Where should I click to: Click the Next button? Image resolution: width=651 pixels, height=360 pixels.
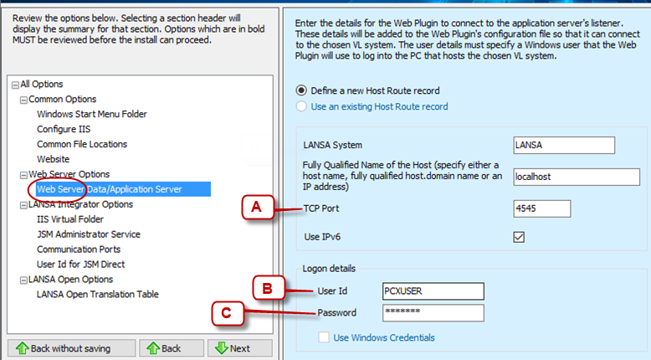coord(239,348)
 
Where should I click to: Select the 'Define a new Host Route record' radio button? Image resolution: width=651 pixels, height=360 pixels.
coord(301,90)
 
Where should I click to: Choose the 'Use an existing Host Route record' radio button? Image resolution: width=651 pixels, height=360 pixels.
coord(301,106)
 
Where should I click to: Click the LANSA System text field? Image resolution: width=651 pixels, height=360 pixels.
coord(564,146)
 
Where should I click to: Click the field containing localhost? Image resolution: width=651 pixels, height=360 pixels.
coord(577,177)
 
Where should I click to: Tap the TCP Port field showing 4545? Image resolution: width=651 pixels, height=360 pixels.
coord(542,208)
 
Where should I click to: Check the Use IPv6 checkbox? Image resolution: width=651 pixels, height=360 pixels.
coord(519,237)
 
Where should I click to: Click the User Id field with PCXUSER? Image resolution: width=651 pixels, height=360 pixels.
coord(433,291)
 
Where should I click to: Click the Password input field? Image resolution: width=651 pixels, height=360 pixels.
coord(433,312)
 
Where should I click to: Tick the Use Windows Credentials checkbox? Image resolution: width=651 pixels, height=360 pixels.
coord(324,337)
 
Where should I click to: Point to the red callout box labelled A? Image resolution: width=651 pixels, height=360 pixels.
coord(258,207)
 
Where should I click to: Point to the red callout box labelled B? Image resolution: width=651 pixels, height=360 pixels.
coord(269,288)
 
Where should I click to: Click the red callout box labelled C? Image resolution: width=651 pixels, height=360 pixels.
coord(227,313)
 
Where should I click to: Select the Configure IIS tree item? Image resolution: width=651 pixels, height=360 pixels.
coord(64,129)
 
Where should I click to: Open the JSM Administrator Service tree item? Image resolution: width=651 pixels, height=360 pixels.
coord(89,234)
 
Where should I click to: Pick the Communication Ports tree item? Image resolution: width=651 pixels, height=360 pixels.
coord(79,249)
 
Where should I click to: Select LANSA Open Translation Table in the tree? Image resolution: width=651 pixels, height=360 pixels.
coord(98,294)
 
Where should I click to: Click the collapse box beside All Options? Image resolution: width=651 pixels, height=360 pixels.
coord(15,85)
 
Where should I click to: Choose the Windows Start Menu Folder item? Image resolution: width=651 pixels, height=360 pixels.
coord(92,114)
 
